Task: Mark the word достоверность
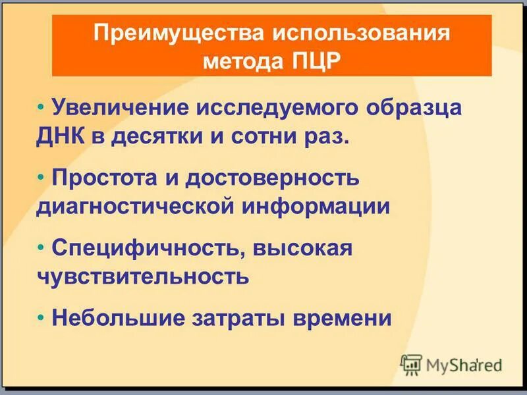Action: click(x=272, y=177)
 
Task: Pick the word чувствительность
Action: click(x=142, y=276)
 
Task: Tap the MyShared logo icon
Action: click(x=411, y=363)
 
